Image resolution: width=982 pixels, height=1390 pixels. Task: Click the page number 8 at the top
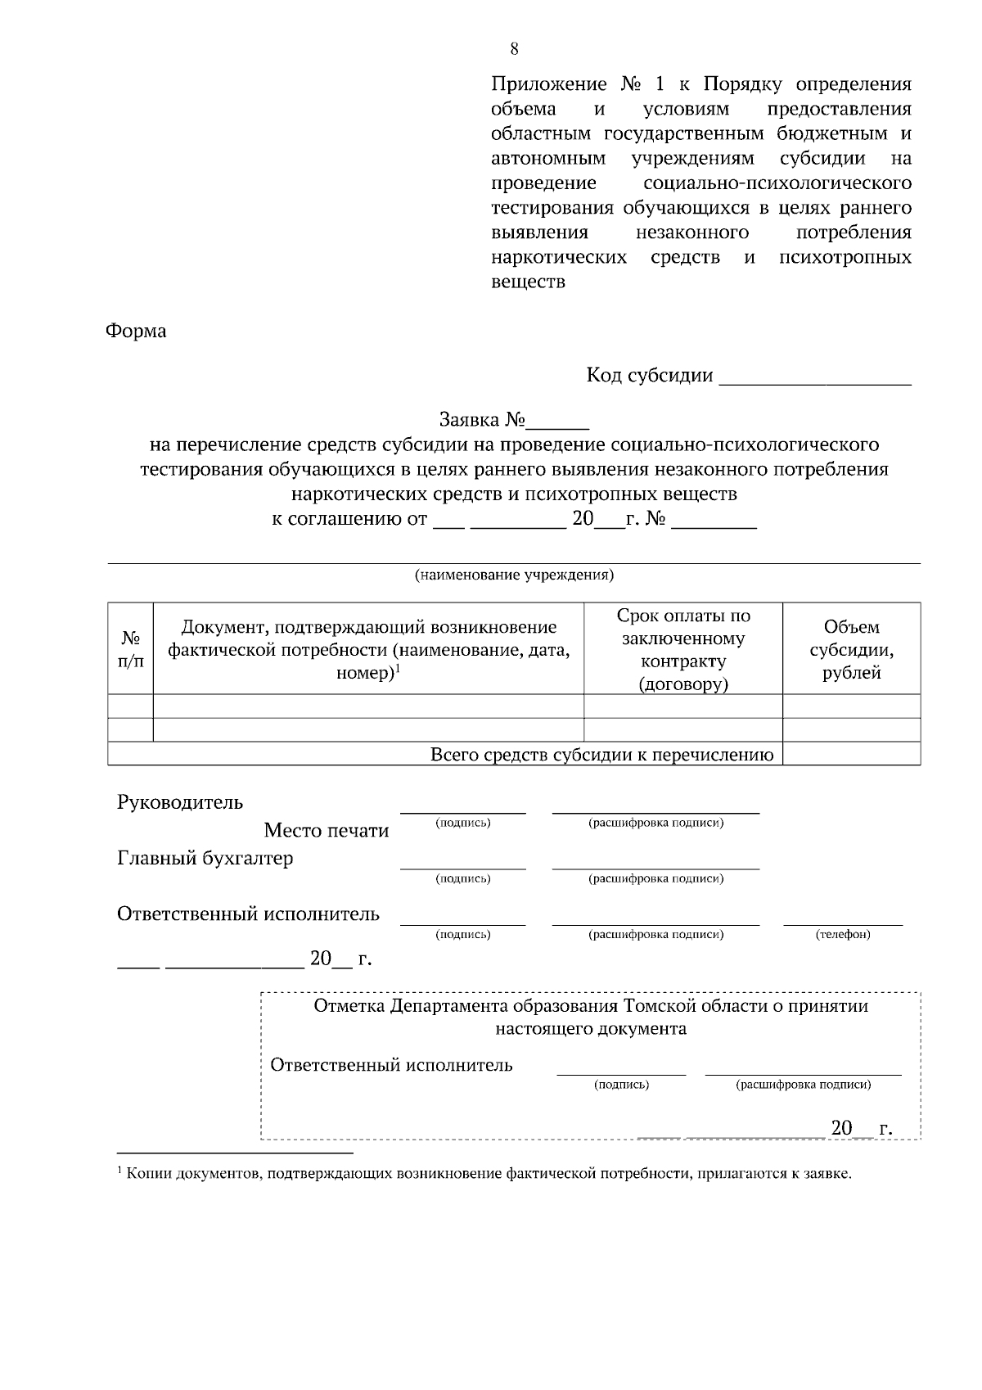tap(514, 48)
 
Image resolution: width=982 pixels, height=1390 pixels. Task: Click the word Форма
tap(136, 332)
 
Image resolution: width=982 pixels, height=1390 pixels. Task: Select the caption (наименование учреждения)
tap(514, 575)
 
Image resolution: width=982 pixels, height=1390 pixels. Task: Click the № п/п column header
tap(130, 649)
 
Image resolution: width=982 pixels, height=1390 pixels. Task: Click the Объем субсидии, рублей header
tap(851, 650)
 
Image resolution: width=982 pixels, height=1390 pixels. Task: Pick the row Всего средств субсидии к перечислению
tap(602, 755)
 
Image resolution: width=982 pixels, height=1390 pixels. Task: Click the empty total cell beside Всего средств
tap(851, 755)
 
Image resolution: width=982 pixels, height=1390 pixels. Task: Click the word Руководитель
tap(180, 802)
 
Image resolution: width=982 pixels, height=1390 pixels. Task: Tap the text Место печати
tap(326, 831)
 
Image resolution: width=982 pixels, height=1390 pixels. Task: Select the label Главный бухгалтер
tap(205, 859)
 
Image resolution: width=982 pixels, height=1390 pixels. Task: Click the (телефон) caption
tap(843, 934)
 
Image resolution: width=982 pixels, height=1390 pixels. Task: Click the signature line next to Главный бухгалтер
tap(462, 865)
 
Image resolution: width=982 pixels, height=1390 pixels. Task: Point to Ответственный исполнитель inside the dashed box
tap(391, 1065)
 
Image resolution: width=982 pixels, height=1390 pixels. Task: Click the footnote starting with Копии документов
tap(487, 1174)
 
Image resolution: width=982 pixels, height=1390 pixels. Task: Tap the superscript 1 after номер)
tap(398, 669)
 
